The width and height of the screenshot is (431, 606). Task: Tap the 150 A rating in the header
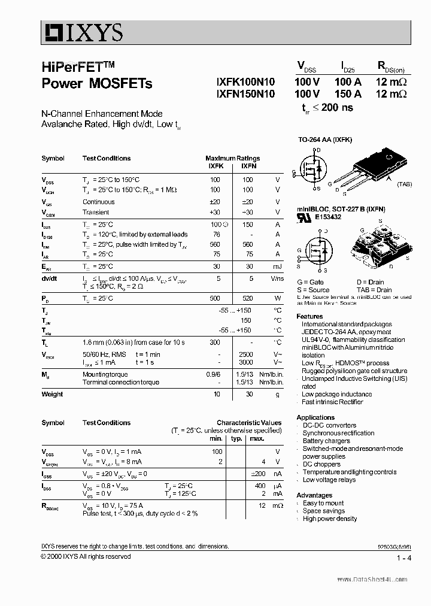(348, 94)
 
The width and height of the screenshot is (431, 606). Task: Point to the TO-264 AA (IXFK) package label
(325, 140)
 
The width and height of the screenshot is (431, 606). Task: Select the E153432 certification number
(328, 217)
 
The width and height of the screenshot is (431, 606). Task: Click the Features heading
(309, 316)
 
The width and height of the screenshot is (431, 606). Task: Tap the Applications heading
(315, 417)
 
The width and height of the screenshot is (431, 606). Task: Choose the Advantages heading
(314, 495)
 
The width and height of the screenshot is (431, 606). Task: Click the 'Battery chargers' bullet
(326, 441)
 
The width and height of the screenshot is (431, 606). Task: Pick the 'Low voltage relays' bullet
(329, 480)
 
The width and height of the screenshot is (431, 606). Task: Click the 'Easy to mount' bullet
(323, 503)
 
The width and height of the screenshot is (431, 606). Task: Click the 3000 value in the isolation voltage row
(246, 362)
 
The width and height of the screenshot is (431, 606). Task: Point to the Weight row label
(52, 394)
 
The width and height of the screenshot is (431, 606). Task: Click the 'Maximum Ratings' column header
(232, 158)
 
